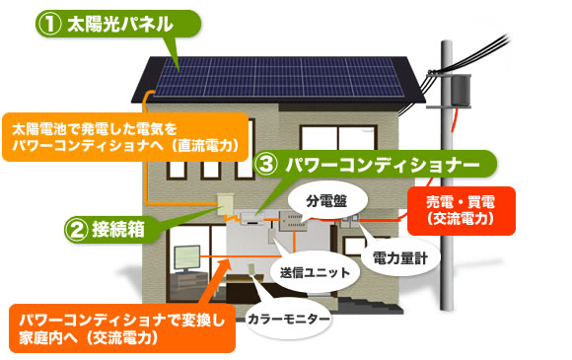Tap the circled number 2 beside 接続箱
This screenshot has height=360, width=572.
pyautogui.click(x=79, y=229)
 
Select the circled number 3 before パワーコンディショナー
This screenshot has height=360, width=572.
pyautogui.click(x=266, y=163)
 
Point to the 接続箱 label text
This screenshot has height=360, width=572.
pyautogui.click(x=122, y=229)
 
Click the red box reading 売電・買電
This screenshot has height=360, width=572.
pyautogui.click(x=461, y=212)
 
